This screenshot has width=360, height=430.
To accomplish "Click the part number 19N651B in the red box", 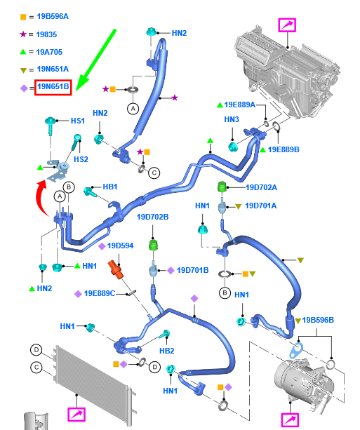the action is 53,87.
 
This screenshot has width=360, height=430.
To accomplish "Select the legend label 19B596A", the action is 53,17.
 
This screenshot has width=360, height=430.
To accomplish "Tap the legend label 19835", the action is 46,34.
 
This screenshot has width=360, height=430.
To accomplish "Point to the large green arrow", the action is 95,60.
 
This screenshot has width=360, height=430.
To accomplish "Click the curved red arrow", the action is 41,196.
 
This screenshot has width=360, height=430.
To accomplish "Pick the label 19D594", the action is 120,246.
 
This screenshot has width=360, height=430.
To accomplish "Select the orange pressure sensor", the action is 116,269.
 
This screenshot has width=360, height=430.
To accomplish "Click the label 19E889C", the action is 100,293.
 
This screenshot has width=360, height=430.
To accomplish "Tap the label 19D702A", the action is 261,187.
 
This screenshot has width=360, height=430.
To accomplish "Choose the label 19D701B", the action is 192,270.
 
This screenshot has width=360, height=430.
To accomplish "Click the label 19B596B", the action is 318,320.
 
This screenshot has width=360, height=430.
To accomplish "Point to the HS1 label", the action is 78,121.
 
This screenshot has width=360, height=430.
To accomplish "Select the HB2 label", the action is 166,351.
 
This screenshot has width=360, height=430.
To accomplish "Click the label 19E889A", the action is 239,105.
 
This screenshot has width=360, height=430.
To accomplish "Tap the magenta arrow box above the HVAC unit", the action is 287,25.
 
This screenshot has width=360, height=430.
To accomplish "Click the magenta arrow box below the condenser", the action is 76,415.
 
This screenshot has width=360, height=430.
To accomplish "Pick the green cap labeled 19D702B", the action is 153,245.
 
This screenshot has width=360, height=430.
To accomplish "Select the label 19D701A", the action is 260,206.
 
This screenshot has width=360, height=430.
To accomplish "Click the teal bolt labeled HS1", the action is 51,125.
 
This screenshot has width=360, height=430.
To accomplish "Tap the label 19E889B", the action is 284,149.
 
